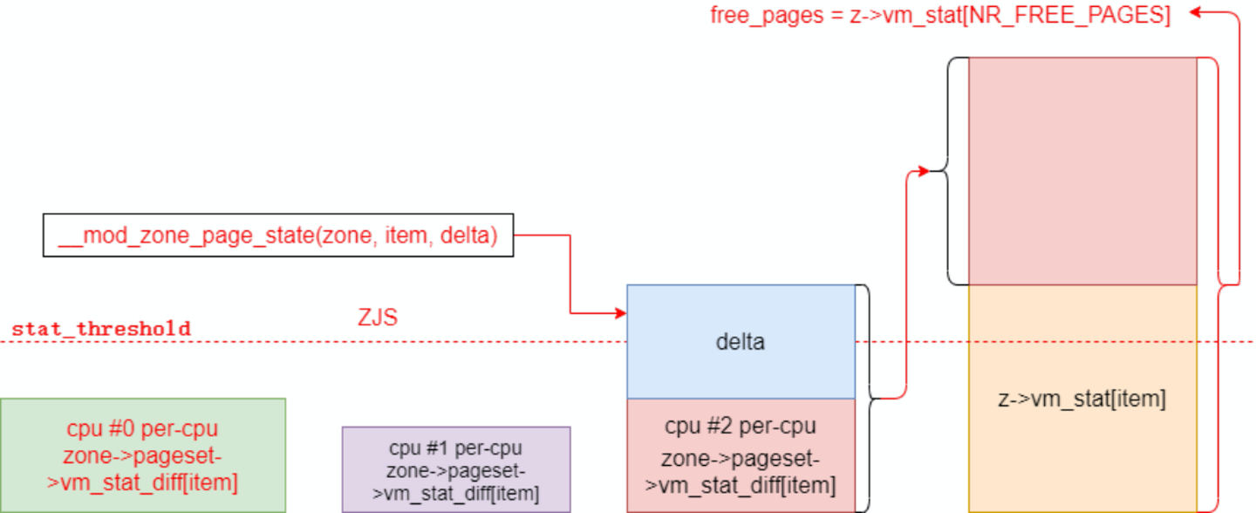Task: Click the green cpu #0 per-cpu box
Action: click(x=142, y=455)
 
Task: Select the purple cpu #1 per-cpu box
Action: click(x=455, y=469)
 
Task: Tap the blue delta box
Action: click(x=741, y=341)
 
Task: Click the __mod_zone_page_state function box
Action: click(x=278, y=236)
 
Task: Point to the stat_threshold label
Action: click(x=100, y=330)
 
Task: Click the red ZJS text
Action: click(x=377, y=318)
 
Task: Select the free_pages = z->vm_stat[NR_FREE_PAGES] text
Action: click(x=940, y=15)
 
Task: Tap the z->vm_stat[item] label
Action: click(x=1082, y=400)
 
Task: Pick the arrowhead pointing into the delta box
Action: click(x=621, y=312)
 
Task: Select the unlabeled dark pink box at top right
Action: click(x=1082, y=171)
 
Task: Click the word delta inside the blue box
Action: click(x=741, y=342)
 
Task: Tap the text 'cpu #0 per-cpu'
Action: click(x=142, y=429)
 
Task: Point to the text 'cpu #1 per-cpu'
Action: click(x=455, y=448)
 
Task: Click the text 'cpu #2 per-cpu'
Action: click(x=741, y=427)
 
